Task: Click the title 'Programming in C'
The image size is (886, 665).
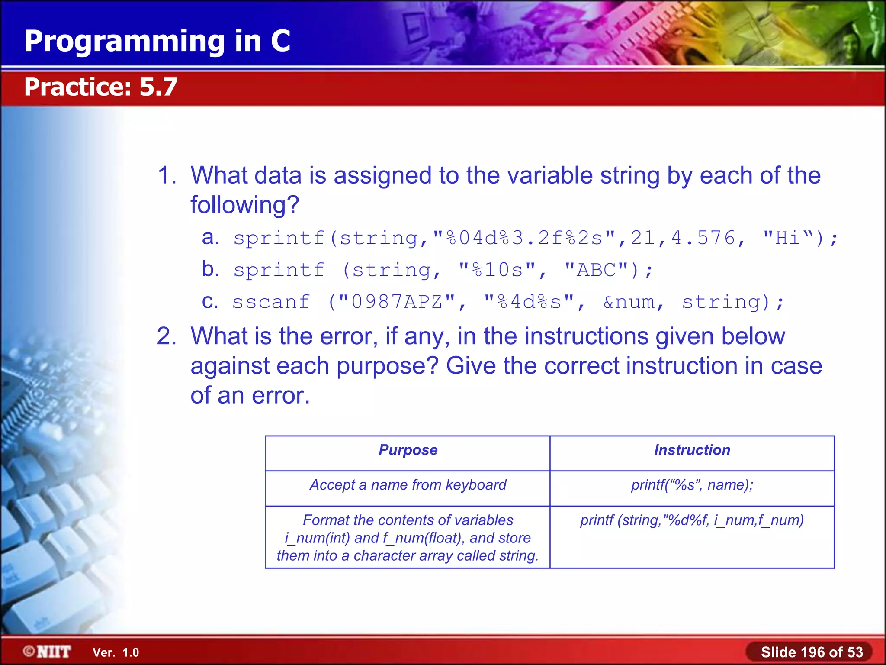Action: (157, 41)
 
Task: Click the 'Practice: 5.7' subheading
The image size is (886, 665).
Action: (100, 87)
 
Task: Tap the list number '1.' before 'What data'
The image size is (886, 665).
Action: (167, 175)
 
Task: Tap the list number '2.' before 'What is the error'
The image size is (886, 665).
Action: (167, 336)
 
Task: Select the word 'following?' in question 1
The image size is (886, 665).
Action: (245, 205)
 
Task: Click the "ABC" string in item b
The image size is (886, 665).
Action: (596, 270)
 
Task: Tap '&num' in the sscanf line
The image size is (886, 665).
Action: (629, 302)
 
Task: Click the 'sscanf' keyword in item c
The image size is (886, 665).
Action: (271, 302)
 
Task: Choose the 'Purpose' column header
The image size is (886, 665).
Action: (408, 450)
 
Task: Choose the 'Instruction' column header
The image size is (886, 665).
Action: (692, 450)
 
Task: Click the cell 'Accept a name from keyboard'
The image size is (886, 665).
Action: (408, 485)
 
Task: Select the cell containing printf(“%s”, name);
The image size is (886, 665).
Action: (692, 485)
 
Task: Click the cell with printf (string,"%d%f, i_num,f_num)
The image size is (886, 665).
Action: (692, 520)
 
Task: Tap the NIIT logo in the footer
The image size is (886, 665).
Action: (47, 652)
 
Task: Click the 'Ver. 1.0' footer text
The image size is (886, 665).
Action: (116, 652)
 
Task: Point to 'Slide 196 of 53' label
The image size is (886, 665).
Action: (812, 652)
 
